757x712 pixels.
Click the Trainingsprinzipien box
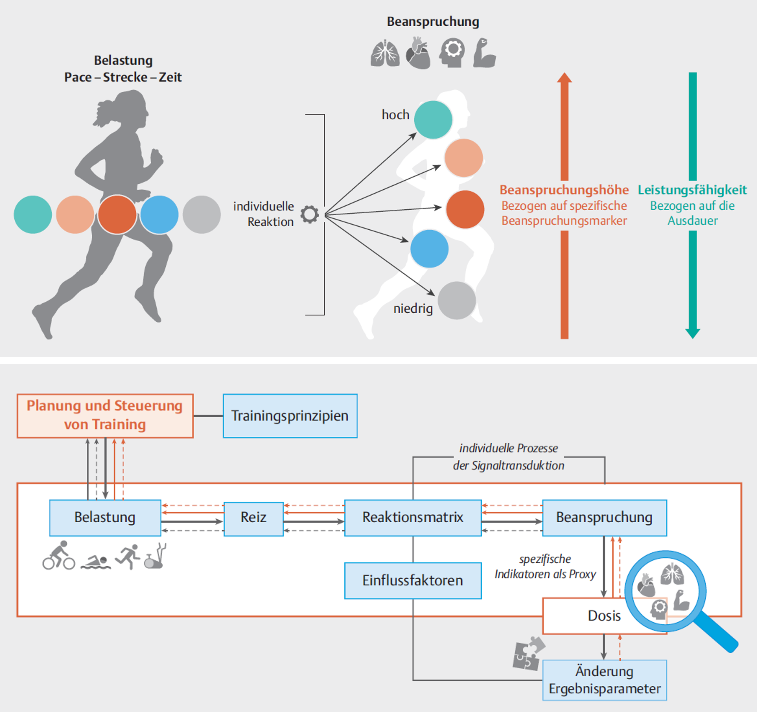click(290, 416)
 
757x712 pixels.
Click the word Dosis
click(604, 616)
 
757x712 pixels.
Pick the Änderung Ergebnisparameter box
click(604, 680)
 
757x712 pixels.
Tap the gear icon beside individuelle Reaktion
click(309, 214)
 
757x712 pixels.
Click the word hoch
click(395, 115)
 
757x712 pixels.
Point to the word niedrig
click(413, 309)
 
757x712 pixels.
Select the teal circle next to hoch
click(433, 120)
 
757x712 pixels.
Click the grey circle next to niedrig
click(457, 300)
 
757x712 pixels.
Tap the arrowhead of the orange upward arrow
click(564, 78)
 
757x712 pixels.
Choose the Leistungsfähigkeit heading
click(692, 190)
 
